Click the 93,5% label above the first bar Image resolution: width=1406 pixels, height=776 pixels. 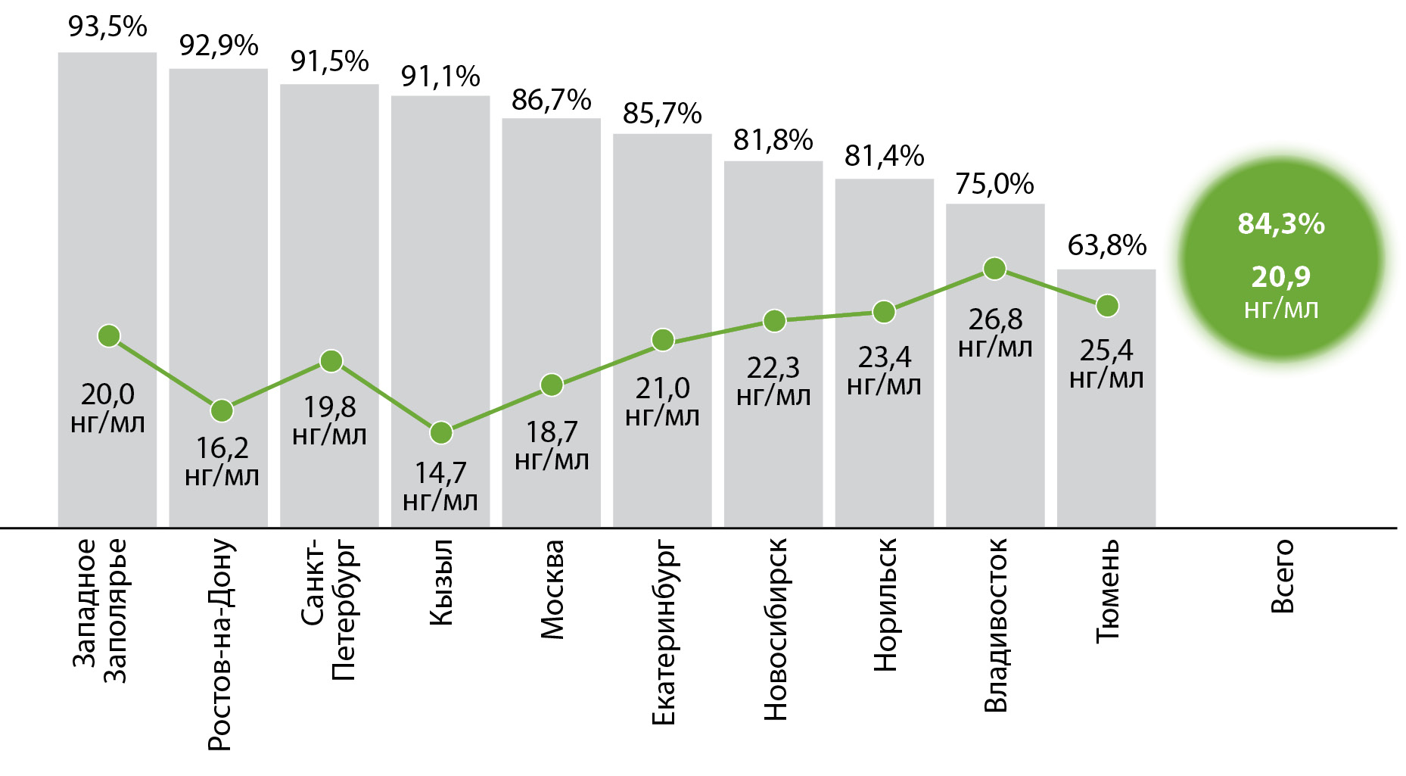click(107, 27)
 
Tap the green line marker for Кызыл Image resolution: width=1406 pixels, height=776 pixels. click(441, 433)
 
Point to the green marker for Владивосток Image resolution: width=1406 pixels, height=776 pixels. click(994, 269)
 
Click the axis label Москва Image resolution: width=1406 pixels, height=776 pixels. click(552, 590)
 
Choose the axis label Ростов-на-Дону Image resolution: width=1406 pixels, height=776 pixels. click(219, 644)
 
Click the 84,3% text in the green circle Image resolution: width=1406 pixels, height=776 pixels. click(1280, 224)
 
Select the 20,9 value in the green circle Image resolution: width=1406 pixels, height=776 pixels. click(1280, 277)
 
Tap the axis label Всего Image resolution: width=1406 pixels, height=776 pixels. click(1283, 576)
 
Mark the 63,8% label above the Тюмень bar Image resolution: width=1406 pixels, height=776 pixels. click(1106, 245)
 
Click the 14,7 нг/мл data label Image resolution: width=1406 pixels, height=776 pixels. click(440, 486)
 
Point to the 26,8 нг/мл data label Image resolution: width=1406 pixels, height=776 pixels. click(995, 332)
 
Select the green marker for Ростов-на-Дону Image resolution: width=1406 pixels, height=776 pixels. click(222, 411)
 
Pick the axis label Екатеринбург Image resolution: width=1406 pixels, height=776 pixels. click(663, 632)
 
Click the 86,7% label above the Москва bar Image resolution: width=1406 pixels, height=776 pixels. click(551, 100)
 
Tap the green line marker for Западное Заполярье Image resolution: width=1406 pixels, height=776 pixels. click(109, 336)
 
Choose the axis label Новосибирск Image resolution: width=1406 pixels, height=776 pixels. click(775, 629)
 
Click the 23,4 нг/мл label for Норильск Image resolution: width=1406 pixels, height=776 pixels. click(884, 370)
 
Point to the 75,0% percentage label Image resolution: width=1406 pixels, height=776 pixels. click(994, 184)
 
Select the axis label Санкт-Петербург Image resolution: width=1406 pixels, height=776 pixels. click(329, 609)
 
